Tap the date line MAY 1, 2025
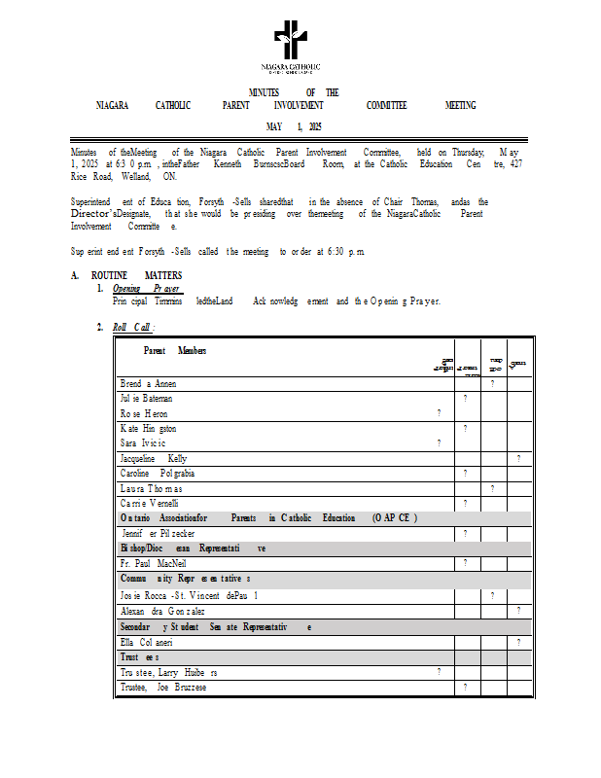coord(294,127)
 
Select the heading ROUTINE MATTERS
coord(135,276)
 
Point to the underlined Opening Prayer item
coord(146,289)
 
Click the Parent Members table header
coord(174,350)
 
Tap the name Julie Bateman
coord(147,399)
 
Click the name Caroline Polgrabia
coord(158,473)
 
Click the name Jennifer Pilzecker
coord(159,533)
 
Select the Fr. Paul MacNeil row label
coord(154,563)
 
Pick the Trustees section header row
coord(140,657)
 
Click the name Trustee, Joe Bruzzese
coord(163,688)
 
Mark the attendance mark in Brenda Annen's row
coord(493,384)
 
